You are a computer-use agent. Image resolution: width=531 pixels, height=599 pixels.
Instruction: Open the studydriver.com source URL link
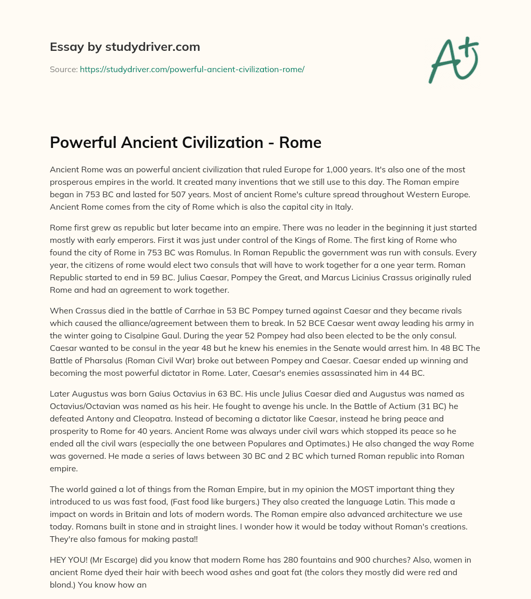click(192, 69)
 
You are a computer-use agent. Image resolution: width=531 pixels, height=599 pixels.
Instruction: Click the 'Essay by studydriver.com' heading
click(125, 47)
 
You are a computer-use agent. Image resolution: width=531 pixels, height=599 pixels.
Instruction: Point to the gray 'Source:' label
click(63, 69)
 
